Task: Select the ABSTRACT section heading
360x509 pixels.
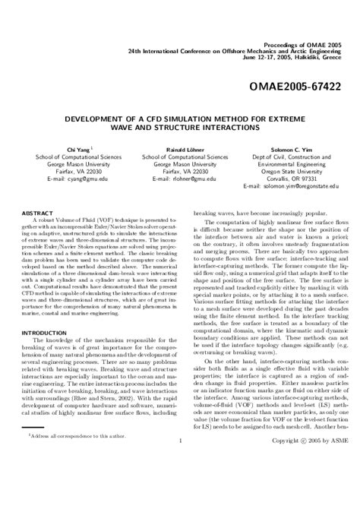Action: pyautogui.click(x=36, y=215)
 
